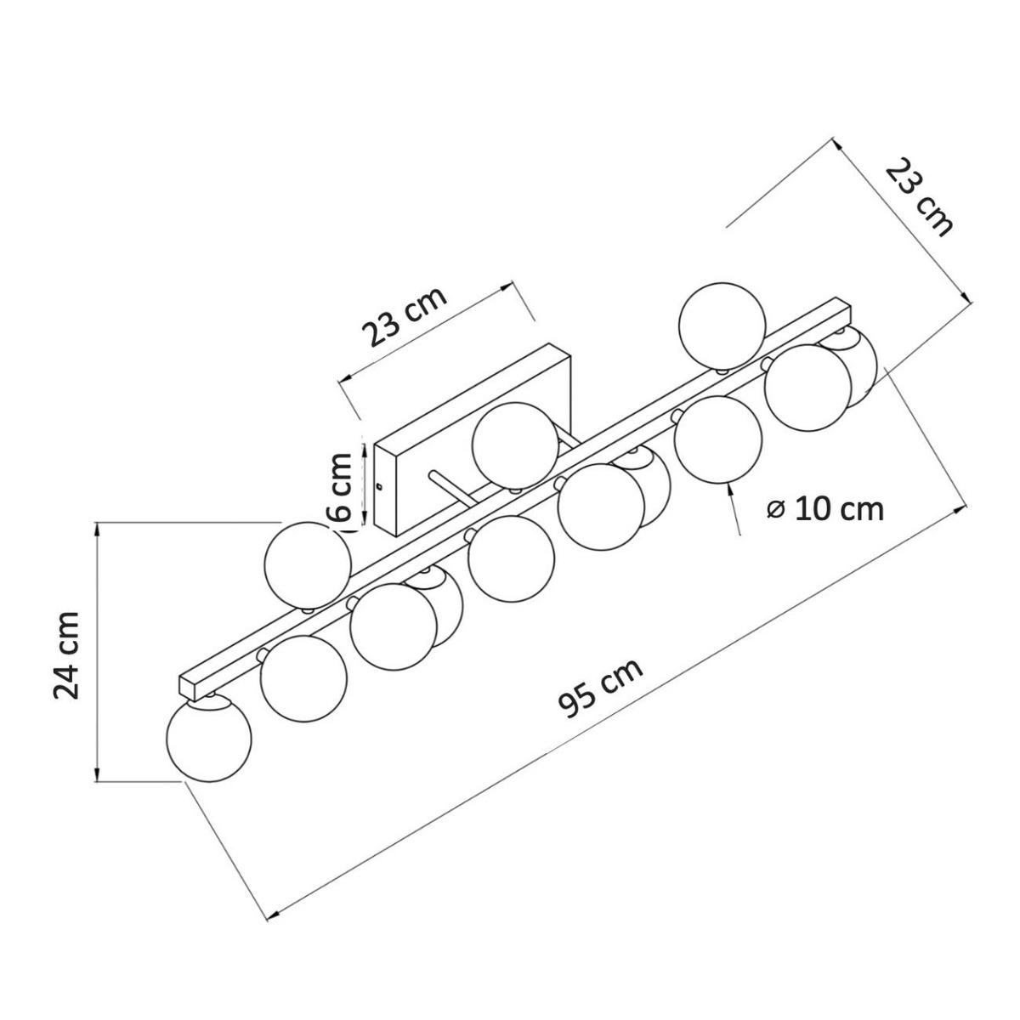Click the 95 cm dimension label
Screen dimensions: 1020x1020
(601, 687)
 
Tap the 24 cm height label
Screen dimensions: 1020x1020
(66, 656)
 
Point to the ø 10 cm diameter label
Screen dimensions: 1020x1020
(825, 509)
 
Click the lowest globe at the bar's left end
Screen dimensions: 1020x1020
(209, 739)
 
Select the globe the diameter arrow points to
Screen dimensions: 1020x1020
(717, 439)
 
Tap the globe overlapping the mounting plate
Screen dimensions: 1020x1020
(515, 445)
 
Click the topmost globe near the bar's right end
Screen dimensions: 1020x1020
(722, 326)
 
